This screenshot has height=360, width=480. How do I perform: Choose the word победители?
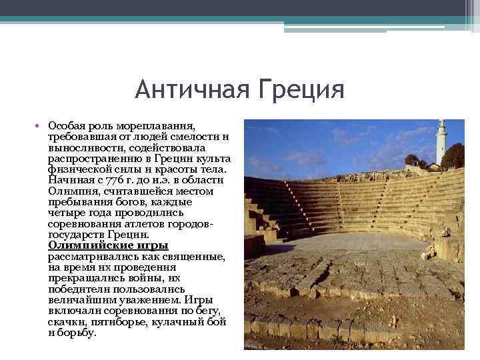pos(77,289)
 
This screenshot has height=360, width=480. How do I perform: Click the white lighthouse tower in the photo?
pos(441,141)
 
